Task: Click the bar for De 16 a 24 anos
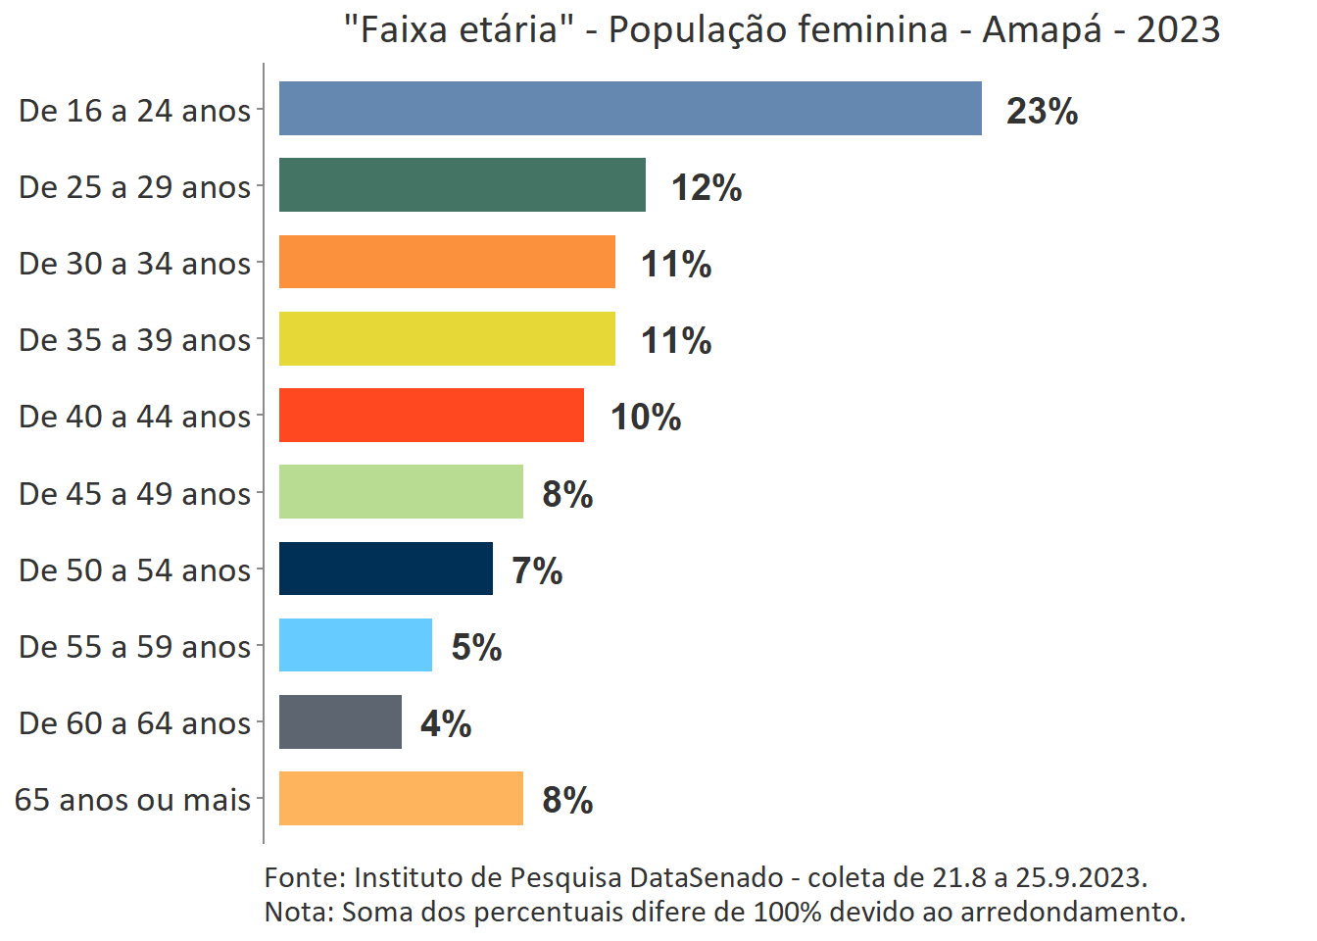click(630, 109)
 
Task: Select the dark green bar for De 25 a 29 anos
click(462, 185)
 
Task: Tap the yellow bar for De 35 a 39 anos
click(447, 339)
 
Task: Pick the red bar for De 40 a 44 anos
click(431, 416)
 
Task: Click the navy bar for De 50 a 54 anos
click(385, 569)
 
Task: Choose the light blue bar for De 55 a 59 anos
click(355, 645)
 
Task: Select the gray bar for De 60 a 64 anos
click(340, 722)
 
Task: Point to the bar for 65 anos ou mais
click(401, 799)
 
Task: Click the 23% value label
click(1042, 111)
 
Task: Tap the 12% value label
click(706, 187)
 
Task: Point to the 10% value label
click(645, 417)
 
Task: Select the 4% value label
click(446, 723)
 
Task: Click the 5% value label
click(476, 647)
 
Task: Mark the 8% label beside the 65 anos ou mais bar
click(567, 800)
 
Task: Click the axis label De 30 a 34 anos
click(134, 264)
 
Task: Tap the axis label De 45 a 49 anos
click(134, 493)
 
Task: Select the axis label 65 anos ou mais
click(132, 800)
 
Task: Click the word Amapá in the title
click(1042, 30)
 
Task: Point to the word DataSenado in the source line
click(706, 877)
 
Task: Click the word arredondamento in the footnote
click(1071, 912)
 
